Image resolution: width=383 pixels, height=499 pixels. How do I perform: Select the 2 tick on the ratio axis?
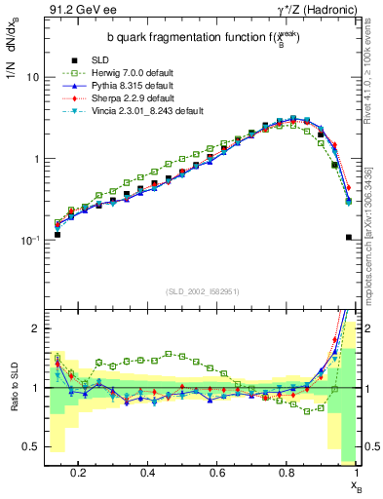pos(33,328)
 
